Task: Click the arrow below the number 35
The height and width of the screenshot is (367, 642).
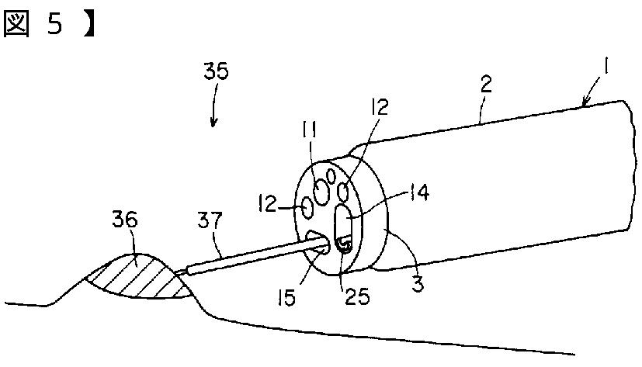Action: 214,119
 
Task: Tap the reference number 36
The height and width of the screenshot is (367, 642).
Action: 124,221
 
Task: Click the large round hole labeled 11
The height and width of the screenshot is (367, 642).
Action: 320,189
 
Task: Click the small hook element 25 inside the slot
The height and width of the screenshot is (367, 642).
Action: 343,246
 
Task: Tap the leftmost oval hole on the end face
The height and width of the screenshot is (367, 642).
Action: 307,207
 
